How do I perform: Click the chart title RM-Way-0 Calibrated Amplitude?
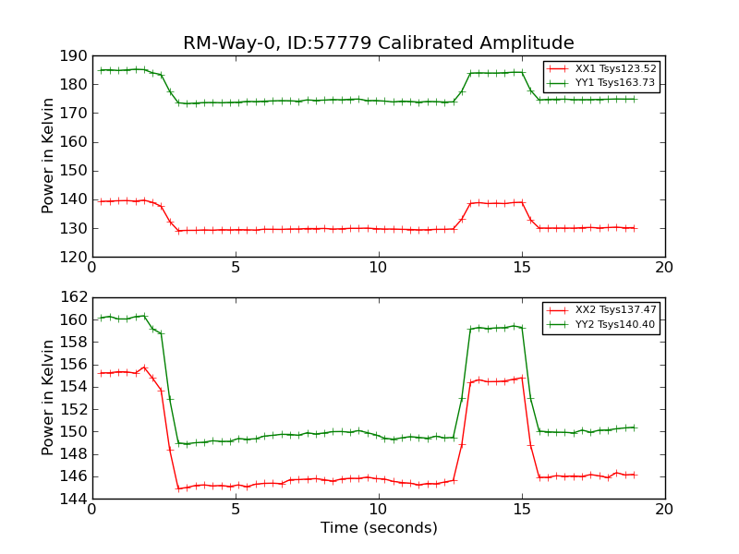(378, 43)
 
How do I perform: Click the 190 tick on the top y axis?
(74, 56)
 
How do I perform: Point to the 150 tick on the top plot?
(74, 171)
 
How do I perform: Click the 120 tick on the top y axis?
(74, 257)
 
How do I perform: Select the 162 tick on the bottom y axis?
(74, 297)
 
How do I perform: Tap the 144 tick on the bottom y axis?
(74, 499)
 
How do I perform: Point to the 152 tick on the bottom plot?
(74, 409)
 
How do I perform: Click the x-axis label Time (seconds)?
(379, 528)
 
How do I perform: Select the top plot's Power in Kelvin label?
(49, 156)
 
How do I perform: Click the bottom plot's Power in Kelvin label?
(49, 398)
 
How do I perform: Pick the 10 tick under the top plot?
(379, 268)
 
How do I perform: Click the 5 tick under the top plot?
(236, 268)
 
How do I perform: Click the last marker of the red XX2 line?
(634, 475)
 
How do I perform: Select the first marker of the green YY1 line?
(101, 70)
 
